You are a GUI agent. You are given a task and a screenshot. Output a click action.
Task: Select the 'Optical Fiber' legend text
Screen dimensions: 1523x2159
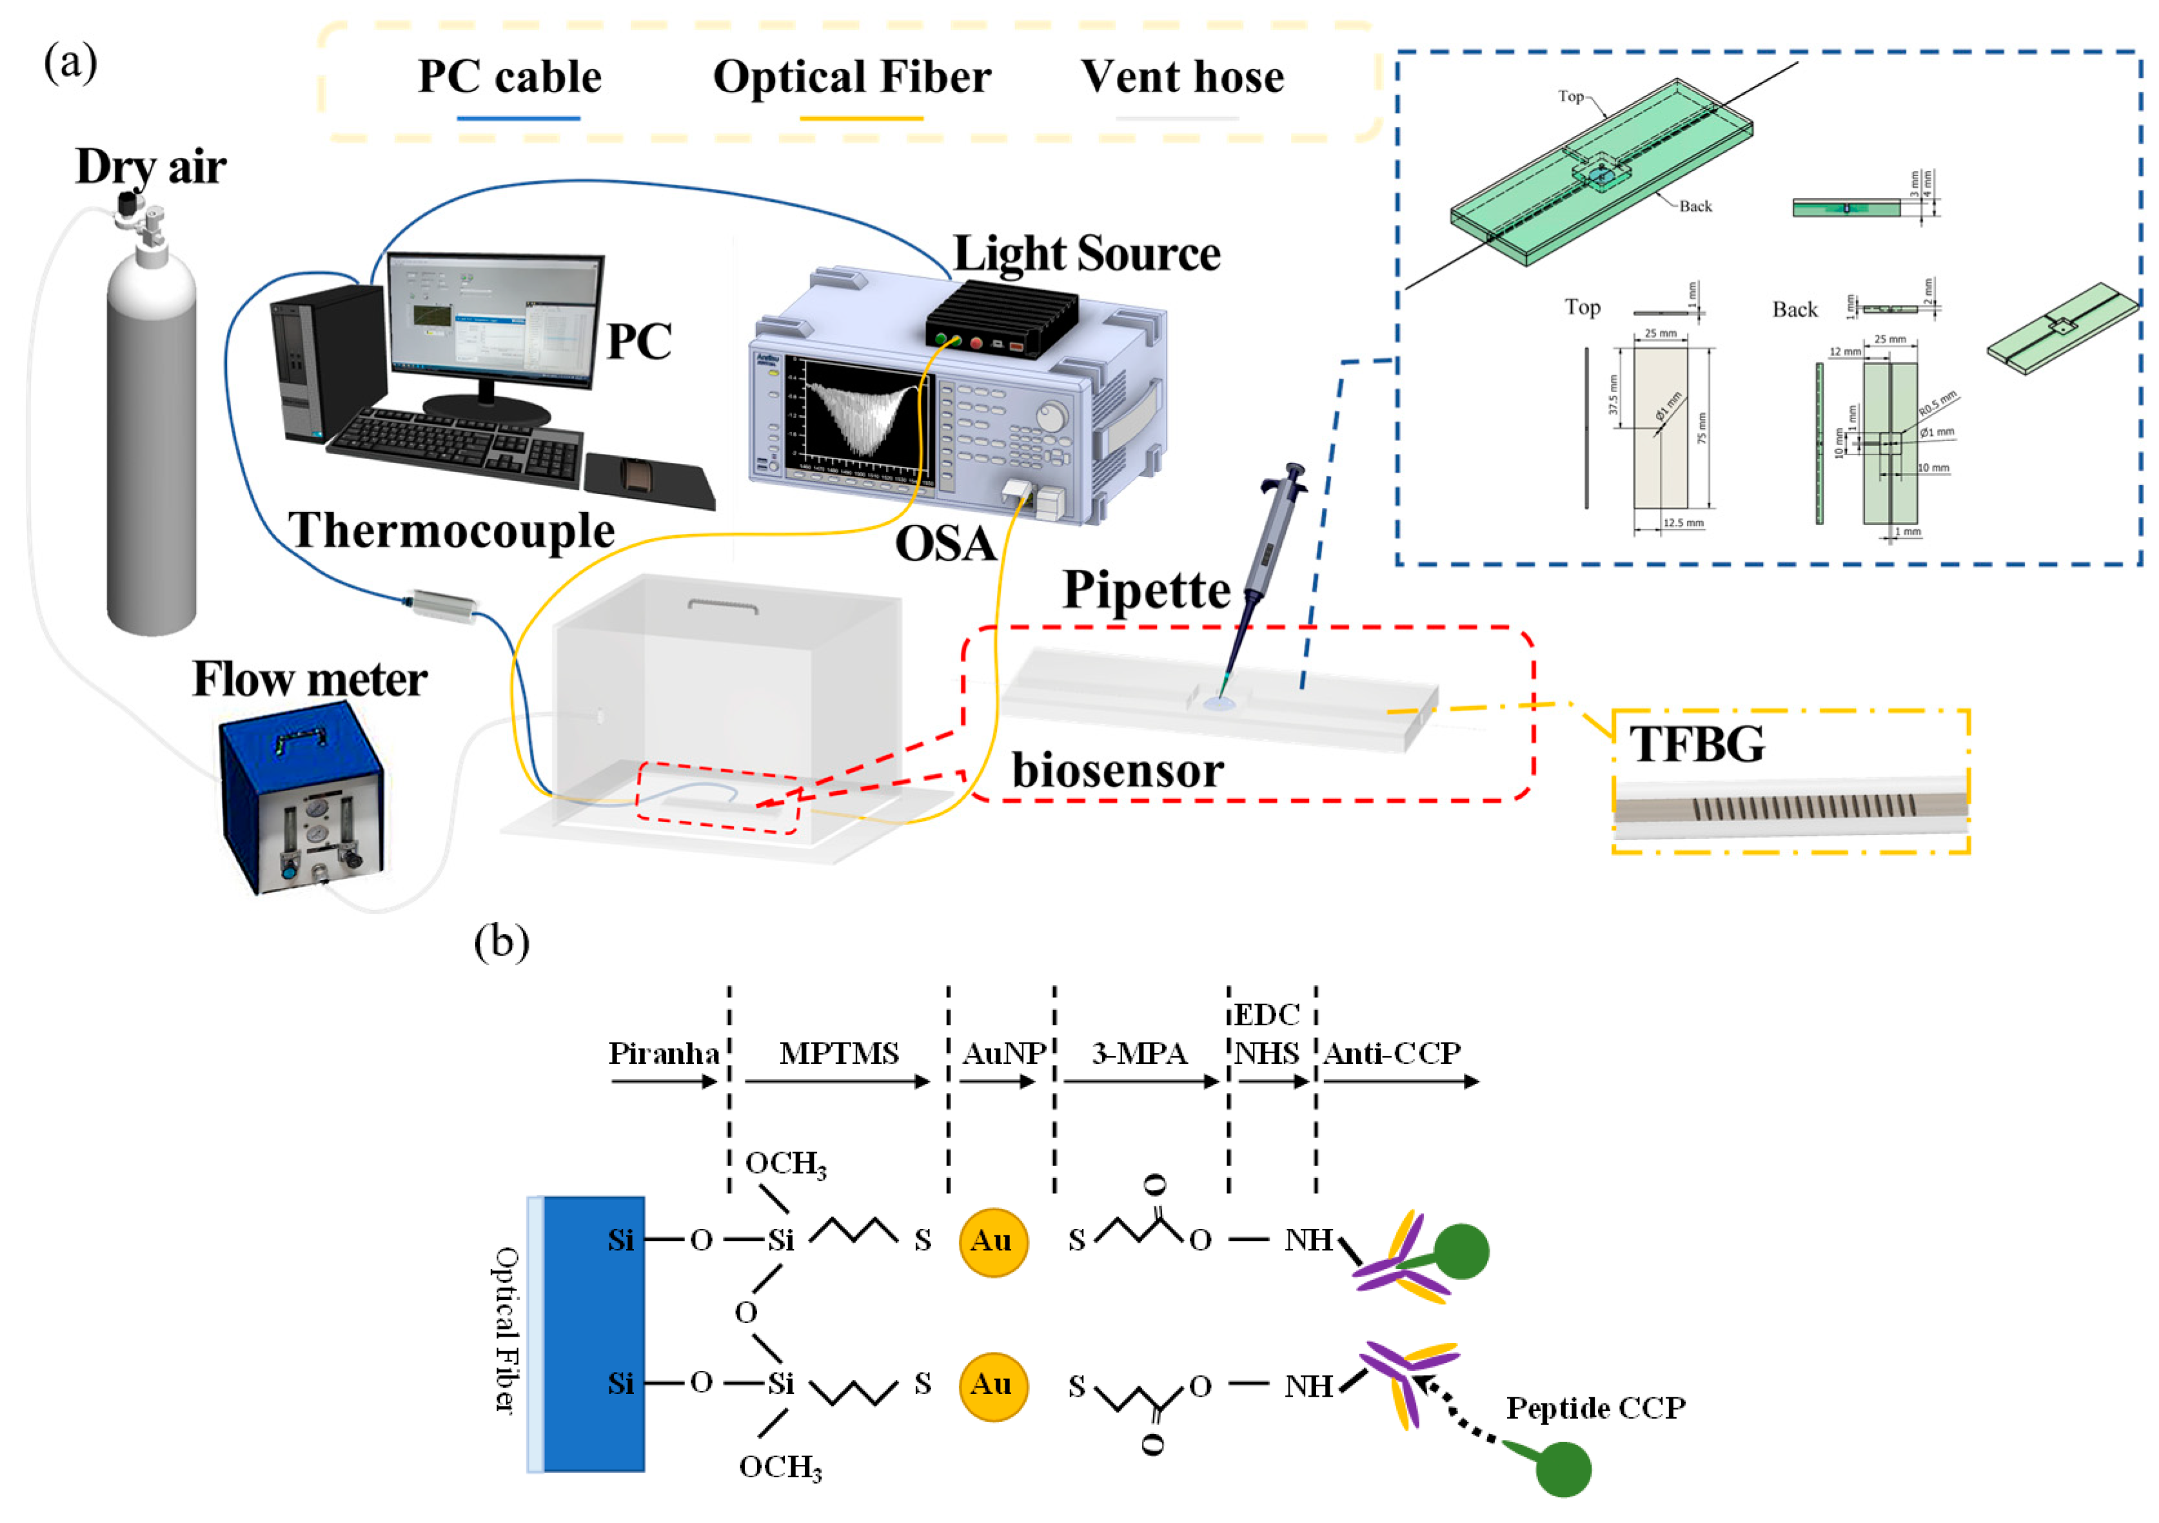(852, 77)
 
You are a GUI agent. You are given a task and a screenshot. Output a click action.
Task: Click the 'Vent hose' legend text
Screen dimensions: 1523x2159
(1182, 77)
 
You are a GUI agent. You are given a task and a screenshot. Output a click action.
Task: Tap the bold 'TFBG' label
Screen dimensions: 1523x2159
(1697, 745)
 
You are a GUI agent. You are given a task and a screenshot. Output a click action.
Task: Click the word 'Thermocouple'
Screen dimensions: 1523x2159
(451, 531)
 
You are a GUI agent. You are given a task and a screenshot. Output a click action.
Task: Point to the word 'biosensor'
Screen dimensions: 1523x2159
(1117, 771)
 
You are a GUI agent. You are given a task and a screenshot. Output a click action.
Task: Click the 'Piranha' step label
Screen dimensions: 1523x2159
(663, 1053)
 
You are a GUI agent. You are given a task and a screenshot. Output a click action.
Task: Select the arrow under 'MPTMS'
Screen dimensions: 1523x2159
(837, 1082)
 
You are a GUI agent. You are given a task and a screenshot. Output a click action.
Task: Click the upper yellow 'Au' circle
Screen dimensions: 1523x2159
(992, 1241)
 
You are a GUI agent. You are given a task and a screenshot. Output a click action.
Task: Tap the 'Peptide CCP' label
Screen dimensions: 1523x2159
(1596, 1408)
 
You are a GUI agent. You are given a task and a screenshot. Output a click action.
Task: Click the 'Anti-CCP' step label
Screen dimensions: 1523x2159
(1392, 1053)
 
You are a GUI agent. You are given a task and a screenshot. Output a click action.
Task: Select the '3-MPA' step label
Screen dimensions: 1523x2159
(1139, 1053)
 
